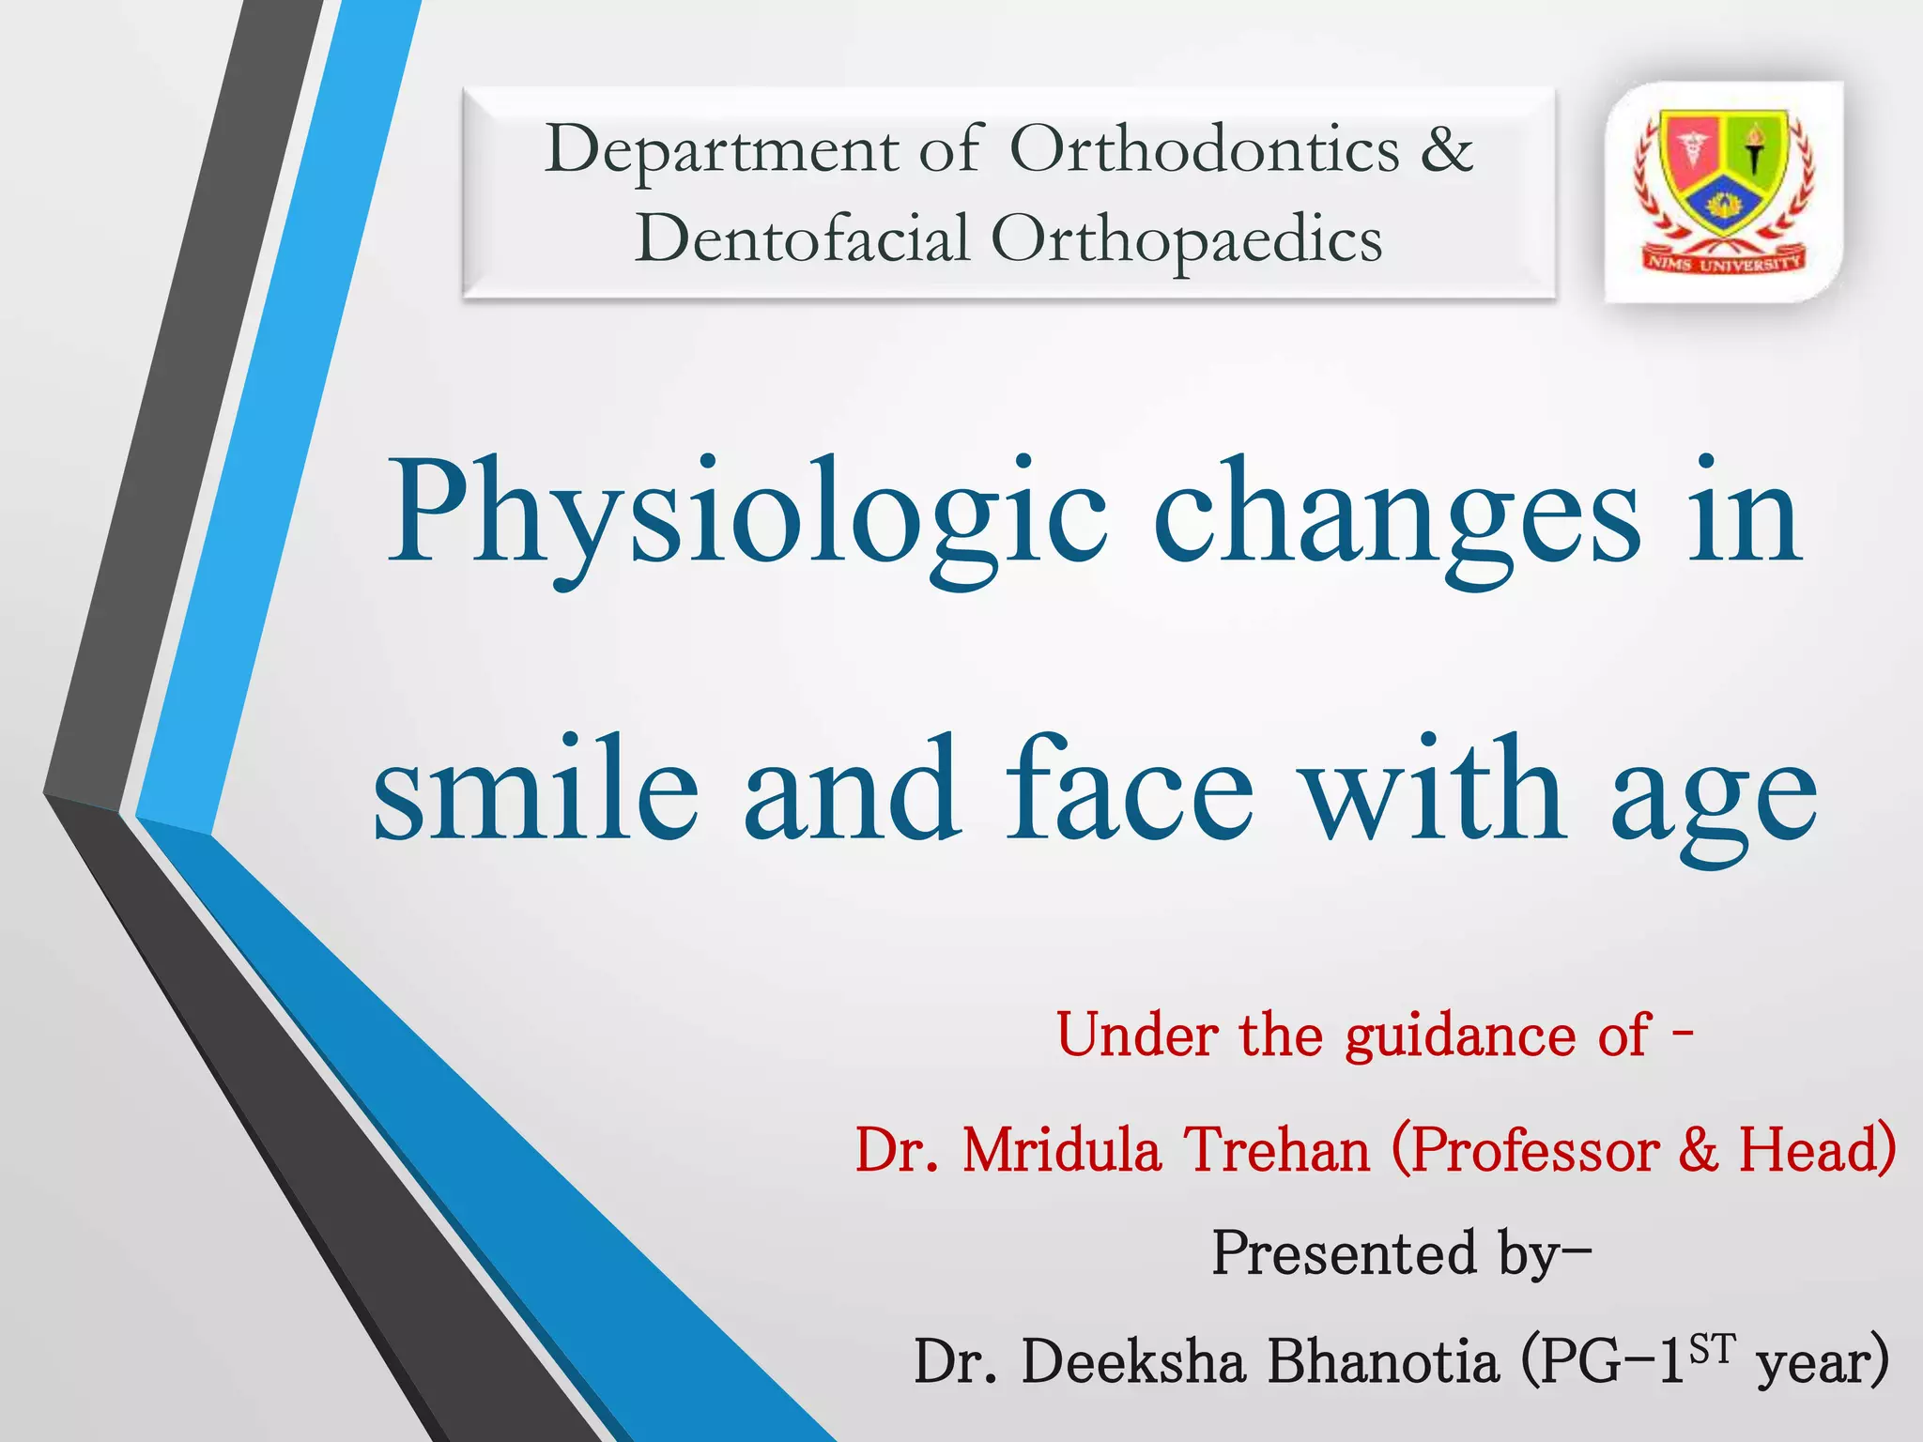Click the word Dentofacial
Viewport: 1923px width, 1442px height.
(x=802, y=238)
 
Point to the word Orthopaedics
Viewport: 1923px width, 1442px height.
(x=1187, y=240)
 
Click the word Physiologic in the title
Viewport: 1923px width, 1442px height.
(x=746, y=516)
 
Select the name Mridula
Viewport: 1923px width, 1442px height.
(x=1061, y=1151)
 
